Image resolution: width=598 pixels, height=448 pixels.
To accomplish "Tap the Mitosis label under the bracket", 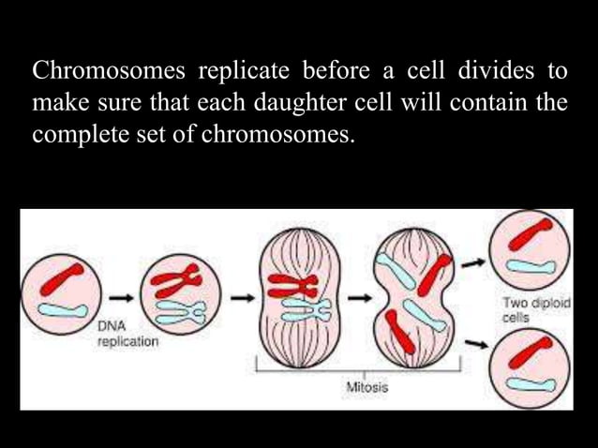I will pyautogui.click(x=366, y=385).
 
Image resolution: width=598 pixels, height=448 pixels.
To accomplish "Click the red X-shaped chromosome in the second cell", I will pyautogui.click(x=177, y=279).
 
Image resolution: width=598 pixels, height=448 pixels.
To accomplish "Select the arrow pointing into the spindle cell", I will pyautogui.click(x=243, y=298).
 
